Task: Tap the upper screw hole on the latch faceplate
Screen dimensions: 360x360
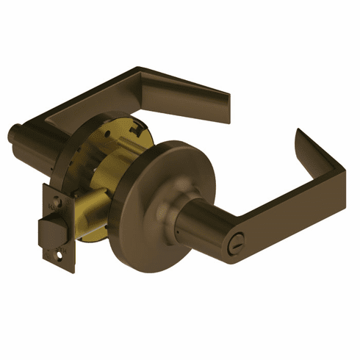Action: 49,195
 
